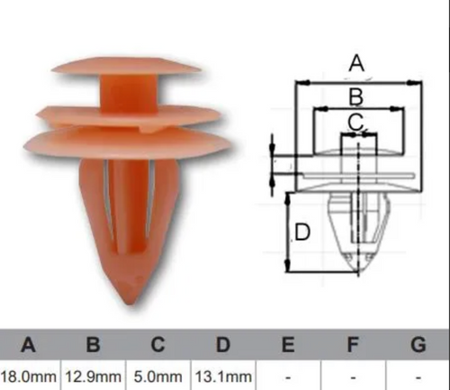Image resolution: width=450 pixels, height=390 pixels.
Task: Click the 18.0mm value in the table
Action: point(28,376)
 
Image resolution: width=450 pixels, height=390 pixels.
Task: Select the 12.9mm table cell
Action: point(93,376)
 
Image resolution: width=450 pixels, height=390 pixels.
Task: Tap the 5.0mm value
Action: point(157,376)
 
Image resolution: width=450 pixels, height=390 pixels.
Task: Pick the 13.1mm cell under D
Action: point(223,376)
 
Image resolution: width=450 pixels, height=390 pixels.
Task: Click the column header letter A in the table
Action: point(28,345)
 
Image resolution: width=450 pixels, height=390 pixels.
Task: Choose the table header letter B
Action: point(93,345)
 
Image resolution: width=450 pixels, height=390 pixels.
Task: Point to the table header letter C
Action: point(157,345)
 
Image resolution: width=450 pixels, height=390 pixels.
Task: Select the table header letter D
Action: point(223,345)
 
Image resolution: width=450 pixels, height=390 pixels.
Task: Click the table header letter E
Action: point(288,345)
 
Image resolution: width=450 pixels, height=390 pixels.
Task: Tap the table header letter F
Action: point(353,345)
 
